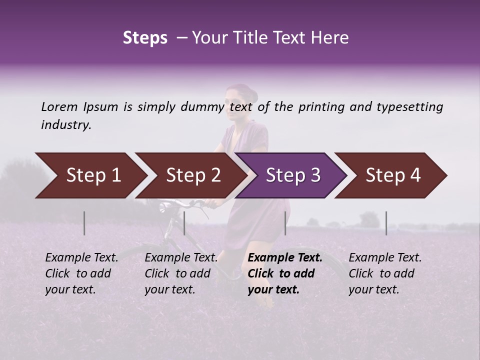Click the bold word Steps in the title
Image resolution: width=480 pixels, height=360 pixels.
[145, 38]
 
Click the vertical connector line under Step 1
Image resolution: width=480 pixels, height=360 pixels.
[84, 223]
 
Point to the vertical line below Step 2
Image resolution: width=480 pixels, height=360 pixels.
[184, 223]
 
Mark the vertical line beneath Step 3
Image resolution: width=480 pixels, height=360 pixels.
[285, 223]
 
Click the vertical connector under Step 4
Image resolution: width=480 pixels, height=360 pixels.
[386, 223]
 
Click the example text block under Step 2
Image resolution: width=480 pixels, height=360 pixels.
[180, 273]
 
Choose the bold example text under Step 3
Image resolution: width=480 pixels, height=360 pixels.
[284, 273]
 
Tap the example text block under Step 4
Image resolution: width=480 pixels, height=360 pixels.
[384, 273]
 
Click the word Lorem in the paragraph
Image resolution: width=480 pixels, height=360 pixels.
[59, 106]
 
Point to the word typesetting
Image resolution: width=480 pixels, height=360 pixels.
[409, 106]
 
